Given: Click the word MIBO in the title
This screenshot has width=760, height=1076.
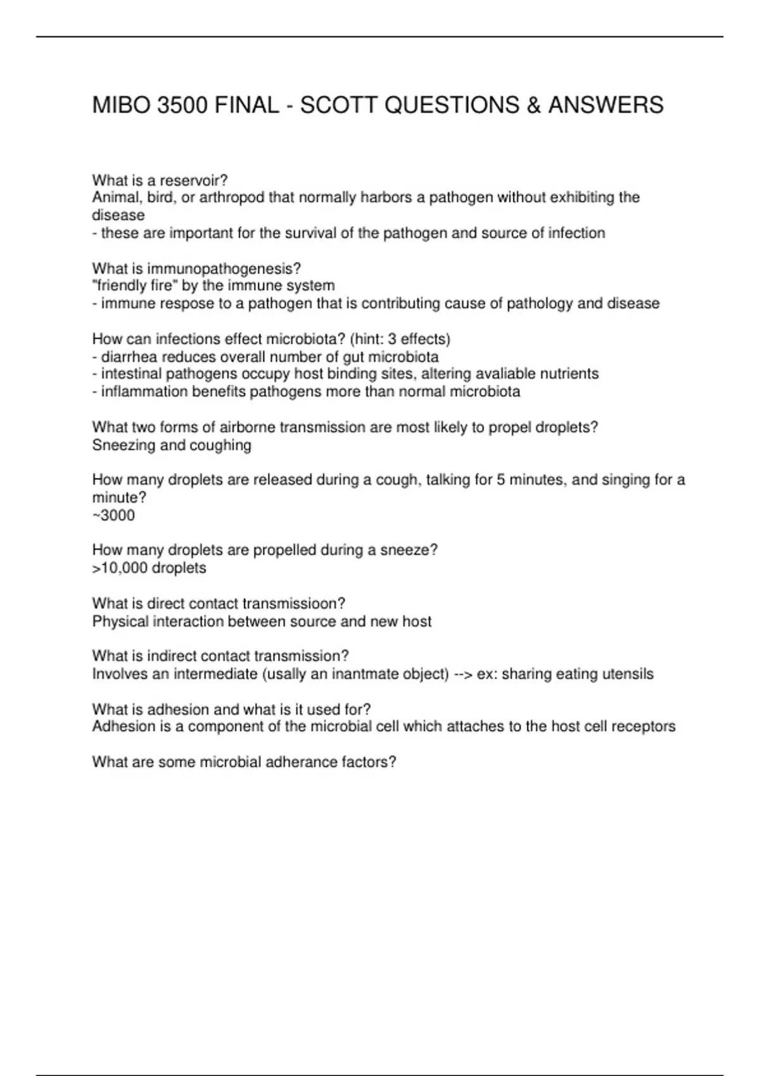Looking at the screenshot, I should [x=121, y=104].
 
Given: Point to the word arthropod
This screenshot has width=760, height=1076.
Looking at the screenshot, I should [x=232, y=197].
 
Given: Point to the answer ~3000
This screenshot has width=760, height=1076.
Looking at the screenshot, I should [x=113, y=515].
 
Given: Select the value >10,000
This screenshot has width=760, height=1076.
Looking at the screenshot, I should [x=120, y=568].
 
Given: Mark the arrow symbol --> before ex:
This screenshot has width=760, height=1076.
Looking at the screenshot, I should [x=464, y=673].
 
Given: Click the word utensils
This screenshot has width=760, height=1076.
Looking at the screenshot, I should [x=628, y=673].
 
